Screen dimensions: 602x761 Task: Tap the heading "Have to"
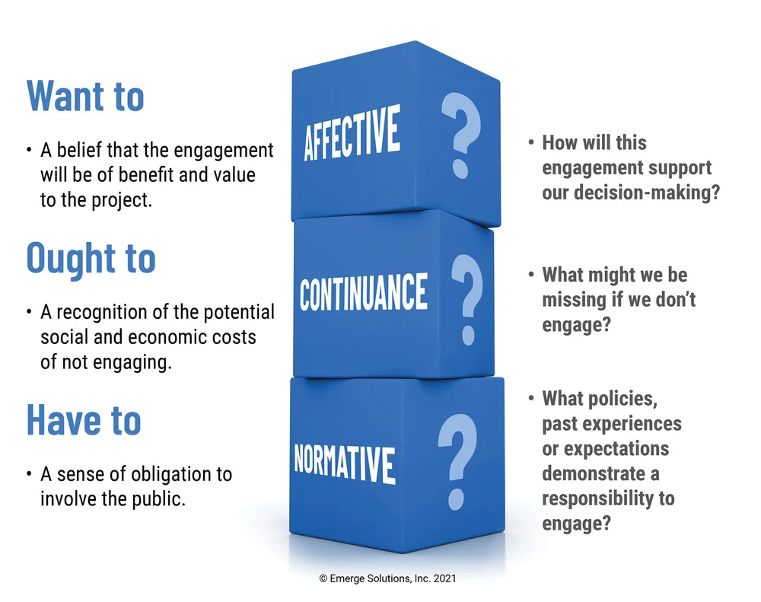(x=84, y=419)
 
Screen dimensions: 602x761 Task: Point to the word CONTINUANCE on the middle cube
(x=364, y=292)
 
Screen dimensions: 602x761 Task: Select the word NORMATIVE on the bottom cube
(x=345, y=460)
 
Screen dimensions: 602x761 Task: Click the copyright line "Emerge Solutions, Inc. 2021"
(x=387, y=578)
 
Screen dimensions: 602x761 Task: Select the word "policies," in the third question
(x=621, y=398)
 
